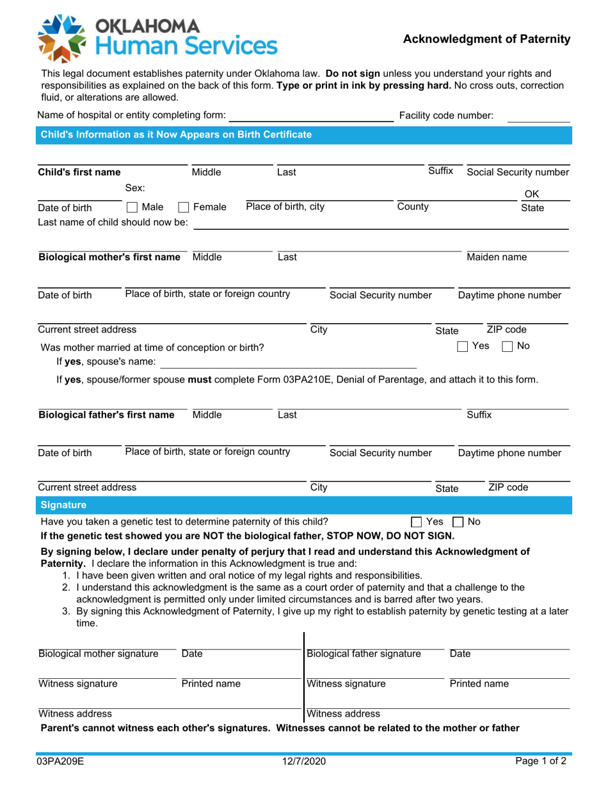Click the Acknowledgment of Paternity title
(x=486, y=40)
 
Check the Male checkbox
(x=132, y=207)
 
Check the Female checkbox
(x=183, y=207)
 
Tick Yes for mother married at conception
(x=463, y=347)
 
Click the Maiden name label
(x=497, y=257)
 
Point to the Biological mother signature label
(x=99, y=653)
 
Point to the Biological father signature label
(x=364, y=653)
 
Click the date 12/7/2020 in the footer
(x=304, y=762)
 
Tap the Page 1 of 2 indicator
(x=541, y=762)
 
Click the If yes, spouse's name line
(x=287, y=363)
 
